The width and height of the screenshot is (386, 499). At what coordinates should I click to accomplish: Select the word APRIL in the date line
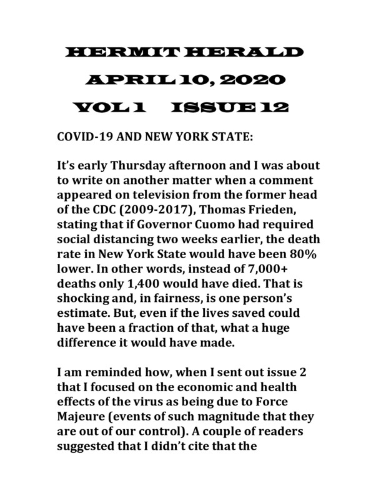[124, 80]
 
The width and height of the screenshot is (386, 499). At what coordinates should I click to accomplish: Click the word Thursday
[144, 167]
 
